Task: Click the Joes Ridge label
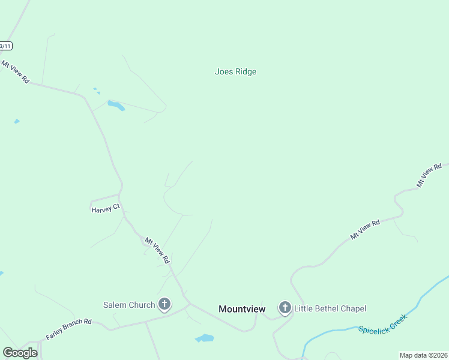point(235,72)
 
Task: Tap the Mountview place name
point(242,309)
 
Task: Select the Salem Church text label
point(129,305)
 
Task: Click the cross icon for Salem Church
point(164,304)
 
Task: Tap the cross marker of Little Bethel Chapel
point(285,308)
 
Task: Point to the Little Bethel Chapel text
point(330,309)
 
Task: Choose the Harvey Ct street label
point(106,209)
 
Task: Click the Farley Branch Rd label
point(68,330)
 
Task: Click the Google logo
point(20,353)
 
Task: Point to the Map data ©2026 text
point(423,355)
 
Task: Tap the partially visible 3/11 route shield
point(5,46)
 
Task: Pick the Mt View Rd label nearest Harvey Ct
point(157,250)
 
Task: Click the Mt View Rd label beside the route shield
point(15,71)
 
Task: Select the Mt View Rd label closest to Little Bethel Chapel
point(365,230)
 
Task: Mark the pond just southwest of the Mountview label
point(205,338)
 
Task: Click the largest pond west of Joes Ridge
point(116,106)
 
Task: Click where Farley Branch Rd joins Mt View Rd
point(190,304)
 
